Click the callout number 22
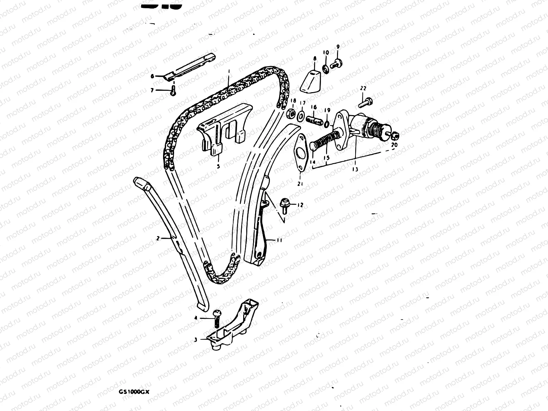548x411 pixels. [363, 88]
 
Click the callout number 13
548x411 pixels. [355, 169]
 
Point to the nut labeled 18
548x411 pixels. [290, 113]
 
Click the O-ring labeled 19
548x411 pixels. [327, 123]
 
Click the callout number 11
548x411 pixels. [279, 241]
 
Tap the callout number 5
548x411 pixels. [218, 166]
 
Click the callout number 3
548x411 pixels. [196, 340]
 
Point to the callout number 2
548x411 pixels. [158, 238]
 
